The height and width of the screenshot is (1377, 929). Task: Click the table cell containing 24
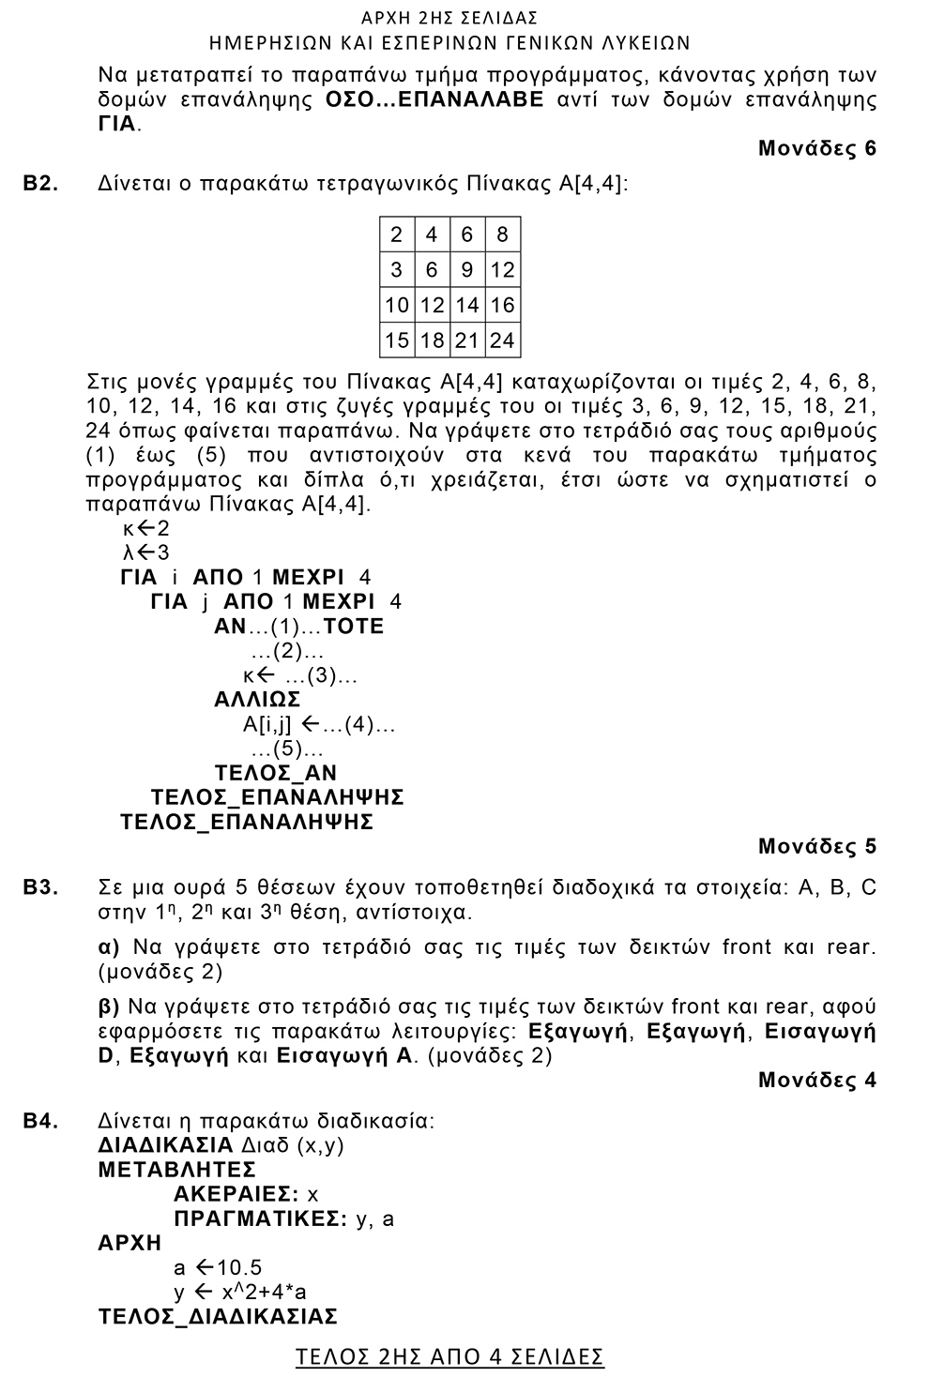[502, 340]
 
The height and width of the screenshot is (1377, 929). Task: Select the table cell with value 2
[397, 235]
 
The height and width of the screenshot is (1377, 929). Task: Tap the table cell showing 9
[466, 270]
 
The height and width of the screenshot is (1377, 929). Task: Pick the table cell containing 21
[466, 340]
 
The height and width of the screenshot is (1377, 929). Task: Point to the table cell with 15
[397, 340]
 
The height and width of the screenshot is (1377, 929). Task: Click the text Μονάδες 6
[816, 148]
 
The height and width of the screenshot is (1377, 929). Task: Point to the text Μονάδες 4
[816, 1080]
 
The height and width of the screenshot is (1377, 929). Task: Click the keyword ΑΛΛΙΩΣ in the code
[257, 700]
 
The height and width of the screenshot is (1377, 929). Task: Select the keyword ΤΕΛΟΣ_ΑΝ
[276, 773]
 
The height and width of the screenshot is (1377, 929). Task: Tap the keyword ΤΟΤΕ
[354, 626]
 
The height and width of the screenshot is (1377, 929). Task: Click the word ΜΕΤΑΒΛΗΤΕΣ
[177, 1170]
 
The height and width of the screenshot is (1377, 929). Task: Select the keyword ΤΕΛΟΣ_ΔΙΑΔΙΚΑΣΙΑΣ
[218, 1316]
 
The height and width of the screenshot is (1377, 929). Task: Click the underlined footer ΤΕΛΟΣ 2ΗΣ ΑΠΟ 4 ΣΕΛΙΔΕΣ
[449, 1356]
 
